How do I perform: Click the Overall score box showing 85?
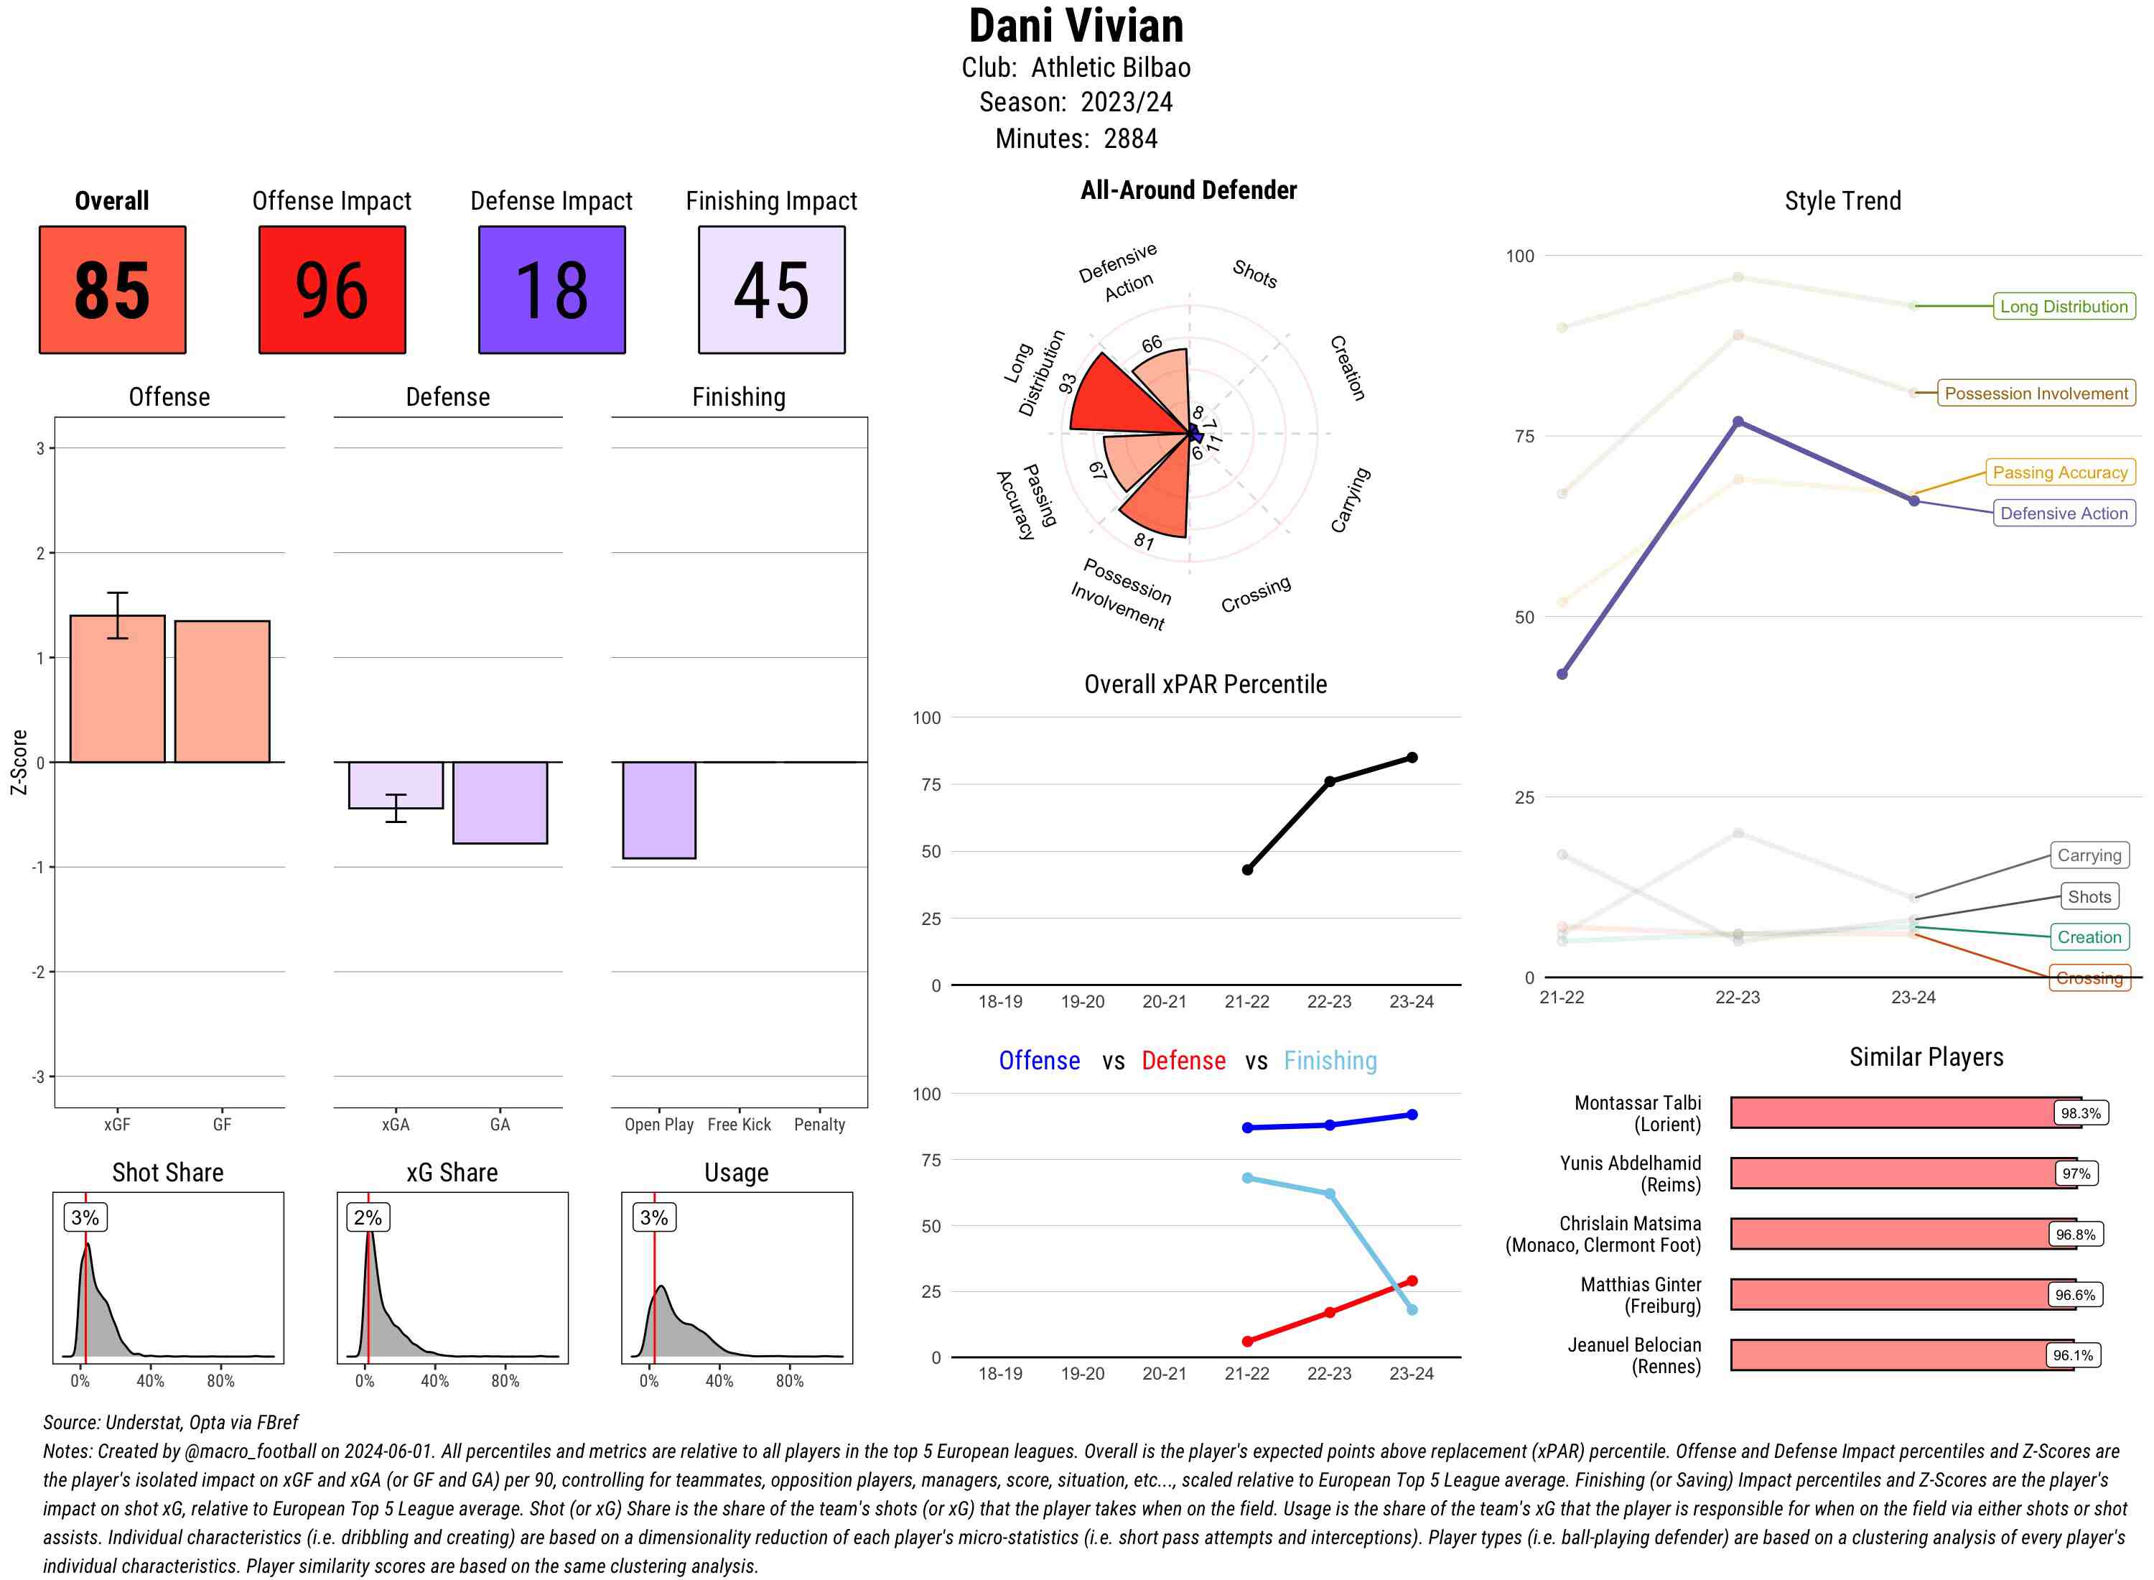pos(112,290)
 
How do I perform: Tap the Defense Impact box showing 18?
pos(551,290)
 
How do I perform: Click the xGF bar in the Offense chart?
pos(118,689)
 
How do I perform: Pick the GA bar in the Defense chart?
pos(500,802)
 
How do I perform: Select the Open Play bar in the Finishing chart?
pos(658,810)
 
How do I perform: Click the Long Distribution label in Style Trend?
pos(2064,306)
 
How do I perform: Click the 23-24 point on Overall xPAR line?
pos(1412,758)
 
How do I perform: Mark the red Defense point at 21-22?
pos(1246,1341)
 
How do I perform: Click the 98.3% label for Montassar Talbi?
pos(2079,1113)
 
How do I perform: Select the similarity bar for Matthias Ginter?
pos(1903,1294)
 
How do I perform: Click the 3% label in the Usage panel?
pos(654,1217)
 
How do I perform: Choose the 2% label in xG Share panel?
pos(368,1217)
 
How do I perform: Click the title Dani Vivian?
pos(1076,26)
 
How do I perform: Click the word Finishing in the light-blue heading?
pos(1330,1061)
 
